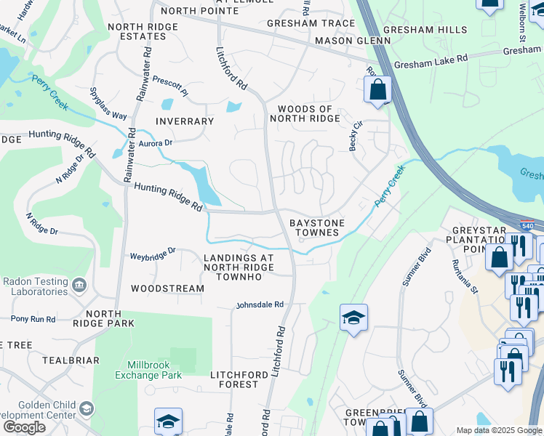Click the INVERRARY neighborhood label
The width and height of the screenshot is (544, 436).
click(x=184, y=121)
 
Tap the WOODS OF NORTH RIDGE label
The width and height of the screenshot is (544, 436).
click(x=305, y=114)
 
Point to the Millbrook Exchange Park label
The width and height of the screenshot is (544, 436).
click(x=148, y=370)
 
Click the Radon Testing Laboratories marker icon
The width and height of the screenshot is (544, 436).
click(x=79, y=283)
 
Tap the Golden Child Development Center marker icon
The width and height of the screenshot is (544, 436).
click(x=87, y=409)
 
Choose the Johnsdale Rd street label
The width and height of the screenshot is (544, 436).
click(x=259, y=305)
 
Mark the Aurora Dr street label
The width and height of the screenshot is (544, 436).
click(x=154, y=143)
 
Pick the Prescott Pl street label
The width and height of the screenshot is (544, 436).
click(x=170, y=93)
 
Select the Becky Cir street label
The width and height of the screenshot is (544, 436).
click(x=356, y=134)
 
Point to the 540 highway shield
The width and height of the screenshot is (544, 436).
click(x=528, y=226)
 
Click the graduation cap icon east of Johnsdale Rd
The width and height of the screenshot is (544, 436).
click(x=353, y=317)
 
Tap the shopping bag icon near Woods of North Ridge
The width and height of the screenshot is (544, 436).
click(x=378, y=91)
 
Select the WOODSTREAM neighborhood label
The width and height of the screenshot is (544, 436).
click(x=167, y=288)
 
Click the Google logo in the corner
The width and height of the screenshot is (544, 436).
click(x=23, y=427)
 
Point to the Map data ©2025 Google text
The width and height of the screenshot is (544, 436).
click(x=498, y=430)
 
